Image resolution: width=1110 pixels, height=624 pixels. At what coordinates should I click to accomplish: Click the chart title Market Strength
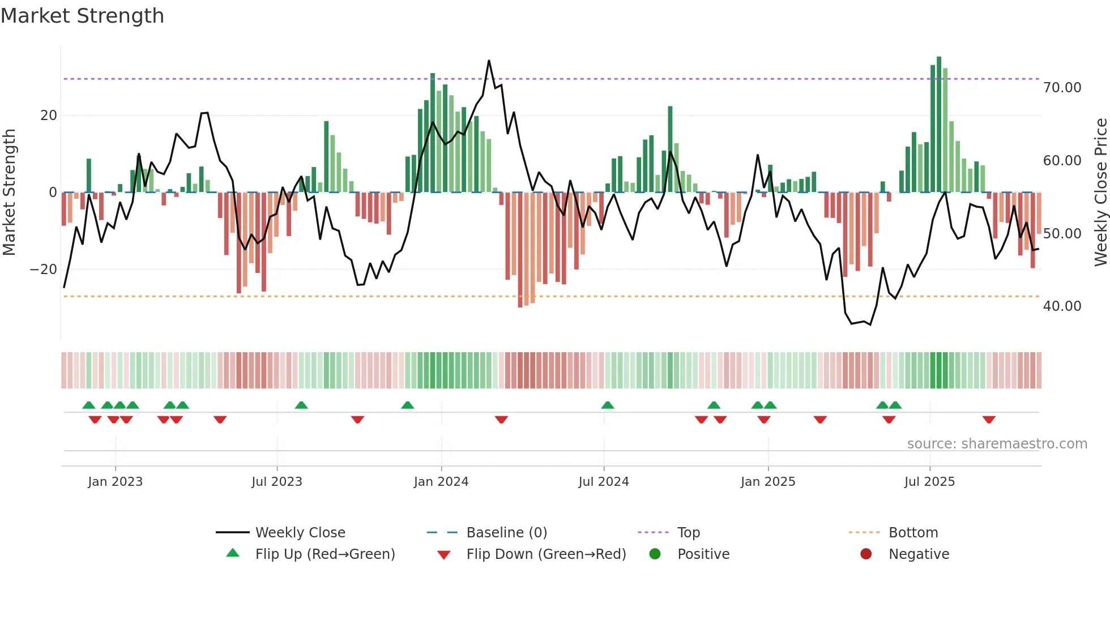coord(82,16)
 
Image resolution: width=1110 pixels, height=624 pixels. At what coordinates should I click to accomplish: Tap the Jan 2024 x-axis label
coord(441,482)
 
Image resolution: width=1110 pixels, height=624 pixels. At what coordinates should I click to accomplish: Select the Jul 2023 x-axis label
coord(277,482)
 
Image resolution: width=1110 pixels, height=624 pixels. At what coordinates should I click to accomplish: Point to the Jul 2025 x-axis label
coord(929,482)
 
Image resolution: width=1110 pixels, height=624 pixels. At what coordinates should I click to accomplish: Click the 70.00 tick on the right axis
coord(1062,88)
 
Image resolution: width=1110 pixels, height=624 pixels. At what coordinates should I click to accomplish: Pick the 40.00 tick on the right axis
coord(1062,306)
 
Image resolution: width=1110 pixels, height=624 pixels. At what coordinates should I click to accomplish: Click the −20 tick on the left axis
coord(44,270)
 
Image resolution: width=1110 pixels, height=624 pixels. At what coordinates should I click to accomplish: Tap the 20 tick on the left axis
coord(49,116)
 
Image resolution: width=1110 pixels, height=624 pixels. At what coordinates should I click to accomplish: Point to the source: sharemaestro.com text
coord(997,444)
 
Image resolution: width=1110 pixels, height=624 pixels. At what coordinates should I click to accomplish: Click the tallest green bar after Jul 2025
coord(939,125)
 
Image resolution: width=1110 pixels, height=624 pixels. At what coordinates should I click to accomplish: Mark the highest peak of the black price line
coord(489,61)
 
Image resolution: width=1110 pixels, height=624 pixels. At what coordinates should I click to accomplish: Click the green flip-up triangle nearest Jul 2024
coord(608,405)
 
